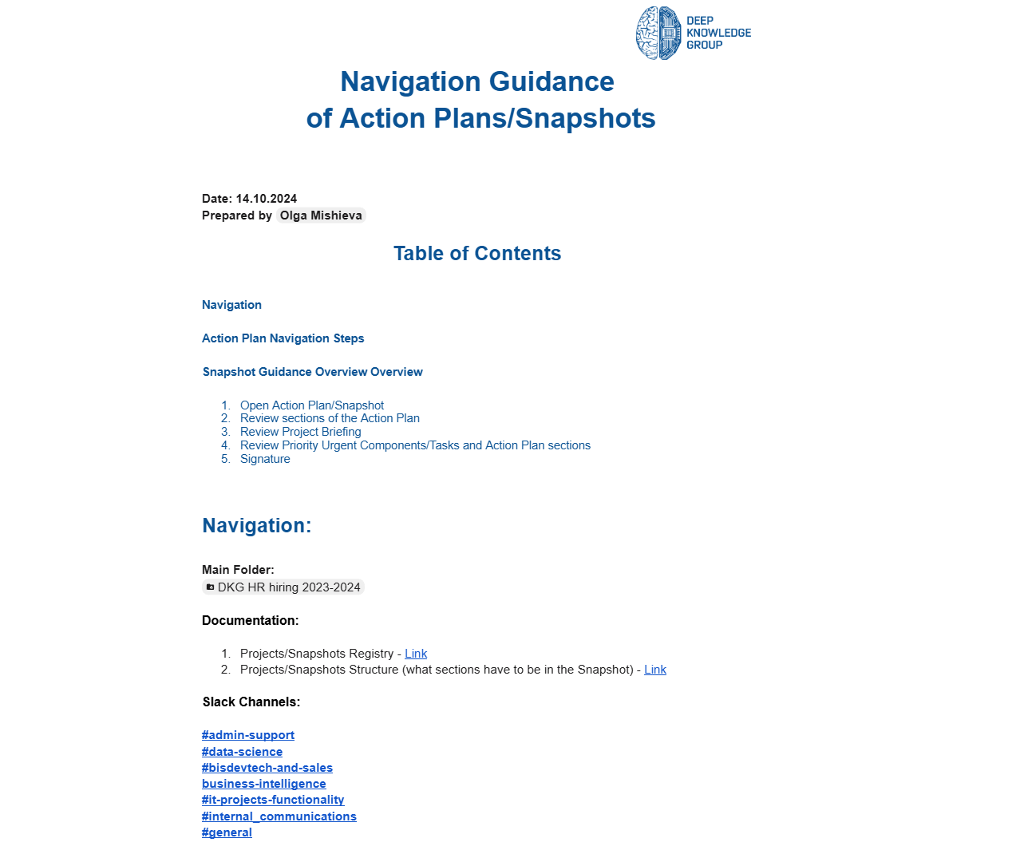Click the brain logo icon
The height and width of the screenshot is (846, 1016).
(x=658, y=34)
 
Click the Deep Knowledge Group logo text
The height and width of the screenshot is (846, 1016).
(x=718, y=34)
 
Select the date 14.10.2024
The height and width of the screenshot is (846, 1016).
(x=267, y=199)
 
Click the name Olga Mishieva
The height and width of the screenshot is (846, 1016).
(x=321, y=215)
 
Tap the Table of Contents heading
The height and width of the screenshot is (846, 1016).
(x=477, y=254)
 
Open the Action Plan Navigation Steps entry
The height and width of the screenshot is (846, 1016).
(x=283, y=338)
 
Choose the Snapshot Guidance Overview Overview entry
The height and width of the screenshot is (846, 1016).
(x=313, y=372)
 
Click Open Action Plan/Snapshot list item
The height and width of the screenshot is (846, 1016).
(x=312, y=405)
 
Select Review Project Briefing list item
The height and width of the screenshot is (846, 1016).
(x=301, y=432)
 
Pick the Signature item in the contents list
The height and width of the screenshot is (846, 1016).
(x=265, y=459)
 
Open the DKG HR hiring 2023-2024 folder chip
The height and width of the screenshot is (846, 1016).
(x=283, y=587)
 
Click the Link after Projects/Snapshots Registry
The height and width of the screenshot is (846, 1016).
(x=416, y=654)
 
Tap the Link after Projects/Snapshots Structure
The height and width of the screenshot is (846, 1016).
(x=655, y=670)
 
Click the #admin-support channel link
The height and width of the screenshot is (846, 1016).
(x=248, y=735)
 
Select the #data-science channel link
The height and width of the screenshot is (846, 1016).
(x=242, y=752)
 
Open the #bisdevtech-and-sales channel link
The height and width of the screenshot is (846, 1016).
(x=267, y=768)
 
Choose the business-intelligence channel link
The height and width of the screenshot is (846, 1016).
(x=264, y=784)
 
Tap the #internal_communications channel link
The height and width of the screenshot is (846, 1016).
(x=279, y=816)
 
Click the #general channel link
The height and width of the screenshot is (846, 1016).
(x=227, y=832)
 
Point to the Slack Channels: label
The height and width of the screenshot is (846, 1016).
(x=251, y=702)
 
